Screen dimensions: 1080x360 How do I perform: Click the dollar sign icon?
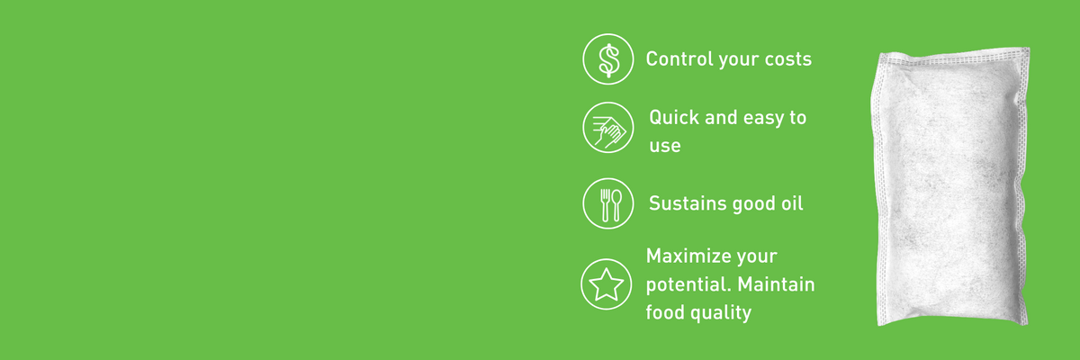[608, 58]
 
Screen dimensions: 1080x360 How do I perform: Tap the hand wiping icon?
[608, 128]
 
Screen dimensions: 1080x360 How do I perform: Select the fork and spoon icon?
[608, 203]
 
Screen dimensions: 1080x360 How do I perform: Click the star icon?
[606, 283]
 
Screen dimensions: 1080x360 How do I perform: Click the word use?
[665, 146]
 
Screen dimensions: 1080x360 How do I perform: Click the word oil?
[792, 202]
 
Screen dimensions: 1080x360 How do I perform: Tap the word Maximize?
[687, 256]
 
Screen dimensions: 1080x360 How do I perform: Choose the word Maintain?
[776, 284]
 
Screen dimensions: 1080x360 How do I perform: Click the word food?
[664, 311]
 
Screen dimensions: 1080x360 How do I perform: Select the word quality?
[721, 313]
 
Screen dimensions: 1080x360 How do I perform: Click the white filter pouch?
[950, 186]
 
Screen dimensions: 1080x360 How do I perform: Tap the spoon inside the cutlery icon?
[616, 205]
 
